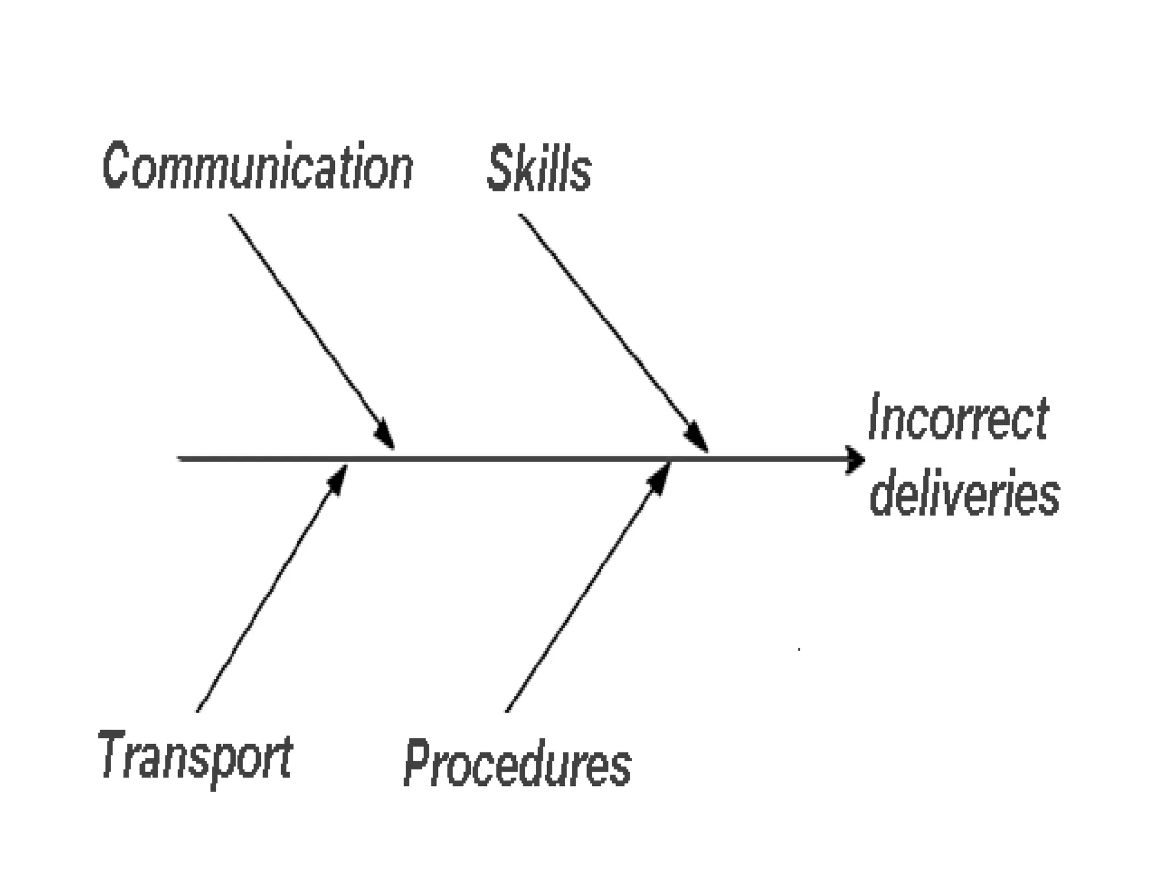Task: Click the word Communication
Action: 258,166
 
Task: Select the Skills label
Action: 539,168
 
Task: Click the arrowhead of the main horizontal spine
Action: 855,459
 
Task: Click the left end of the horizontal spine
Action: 179,459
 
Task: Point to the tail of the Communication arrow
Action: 231,215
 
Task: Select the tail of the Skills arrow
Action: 520,215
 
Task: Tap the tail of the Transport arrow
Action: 198,711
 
